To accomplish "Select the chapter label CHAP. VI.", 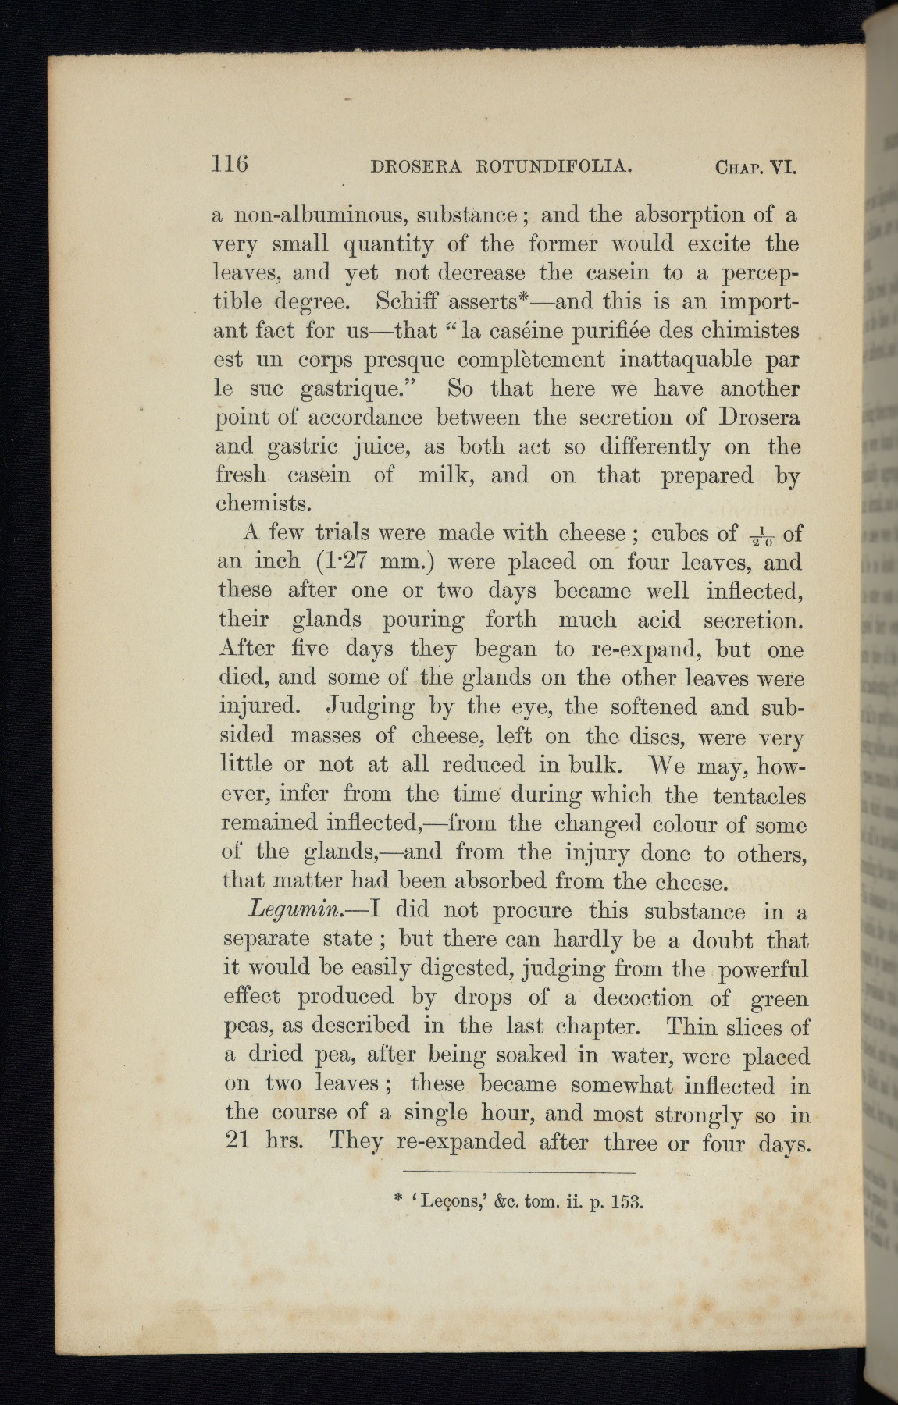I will tap(755, 166).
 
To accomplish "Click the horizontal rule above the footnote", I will tap(520, 1172).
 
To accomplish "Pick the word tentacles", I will tap(758, 795).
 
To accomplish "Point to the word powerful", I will tap(759, 970).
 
